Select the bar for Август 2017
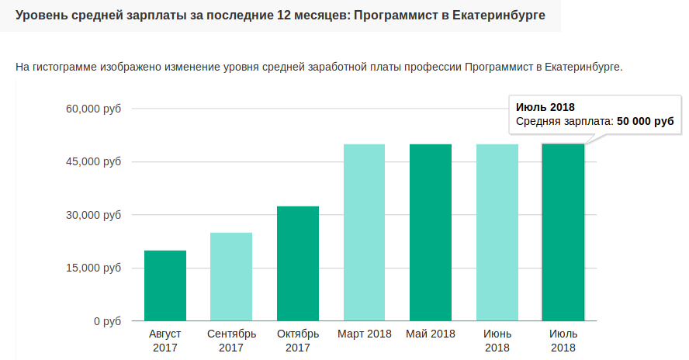click(x=164, y=286)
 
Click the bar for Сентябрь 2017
click(x=231, y=277)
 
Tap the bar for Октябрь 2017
click(x=298, y=264)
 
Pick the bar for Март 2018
click(x=364, y=233)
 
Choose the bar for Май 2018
click(x=431, y=233)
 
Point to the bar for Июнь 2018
click(x=497, y=233)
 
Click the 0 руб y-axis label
click(x=106, y=321)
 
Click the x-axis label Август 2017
click(x=164, y=341)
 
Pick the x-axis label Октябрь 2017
click(x=298, y=341)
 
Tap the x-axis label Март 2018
click(x=364, y=334)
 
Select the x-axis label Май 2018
click(x=431, y=334)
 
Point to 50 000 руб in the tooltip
click(x=645, y=122)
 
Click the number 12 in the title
click(x=284, y=16)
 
